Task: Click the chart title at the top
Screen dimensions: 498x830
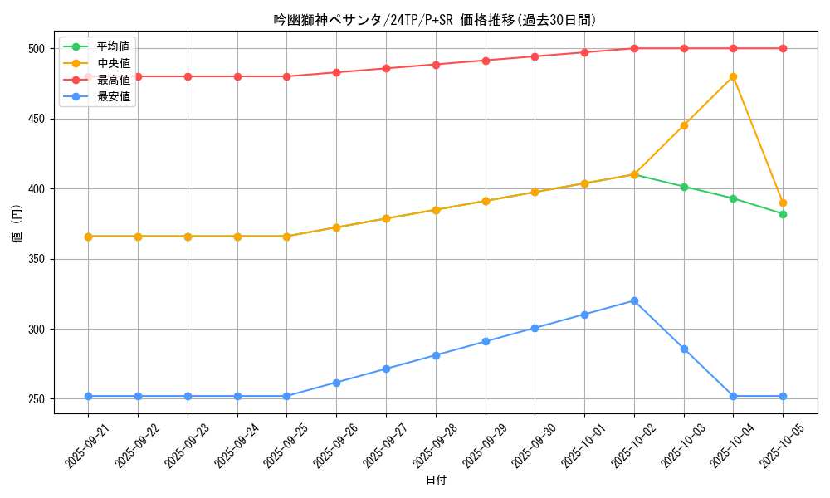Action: click(435, 20)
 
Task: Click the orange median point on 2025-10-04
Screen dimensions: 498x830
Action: click(733, 76)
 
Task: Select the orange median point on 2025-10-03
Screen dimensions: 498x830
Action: click(684, 125)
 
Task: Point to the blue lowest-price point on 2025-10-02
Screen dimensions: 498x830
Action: click(634, 300)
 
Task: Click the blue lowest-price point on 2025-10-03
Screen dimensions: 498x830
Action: click(684, 349)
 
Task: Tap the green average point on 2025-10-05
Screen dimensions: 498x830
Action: click(783, 214)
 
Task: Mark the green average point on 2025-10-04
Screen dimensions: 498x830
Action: click(733, 198)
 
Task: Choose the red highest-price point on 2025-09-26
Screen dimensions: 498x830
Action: click(336, 72)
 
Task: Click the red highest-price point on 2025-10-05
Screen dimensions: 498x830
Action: click(783, 48)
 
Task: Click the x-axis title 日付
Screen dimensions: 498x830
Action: click(436, 481)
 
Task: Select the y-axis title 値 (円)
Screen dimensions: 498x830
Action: click(17, 223)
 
